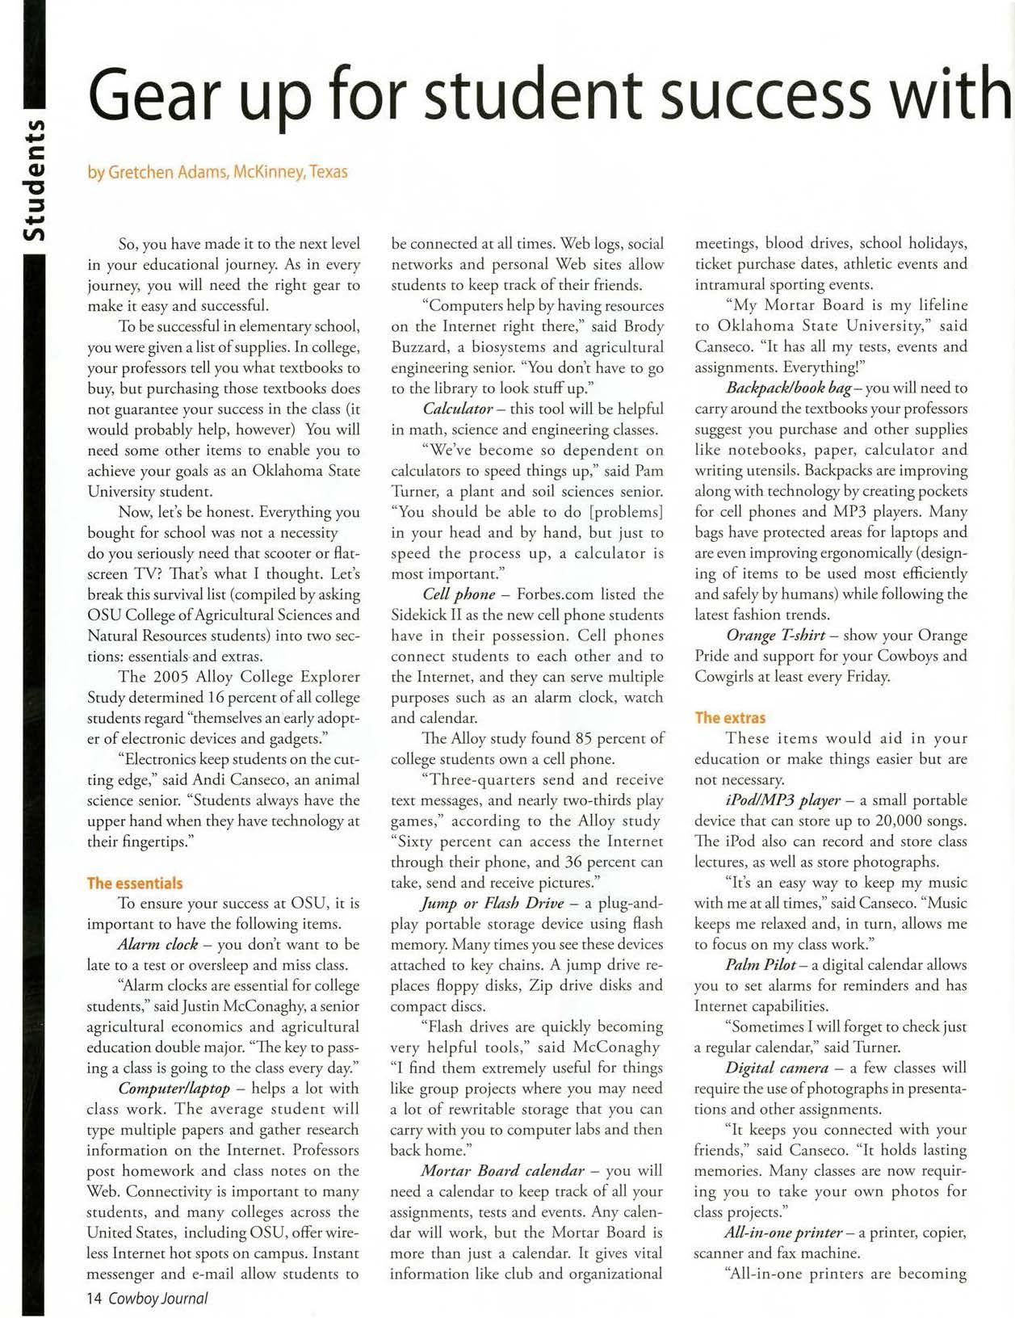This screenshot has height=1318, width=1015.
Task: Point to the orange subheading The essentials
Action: tap(135, 883)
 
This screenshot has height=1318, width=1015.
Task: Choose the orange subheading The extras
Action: tap(730, 717)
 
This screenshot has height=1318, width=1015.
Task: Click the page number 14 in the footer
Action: tap(94, 1298)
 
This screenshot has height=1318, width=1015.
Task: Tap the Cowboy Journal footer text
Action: tap(158, 1298)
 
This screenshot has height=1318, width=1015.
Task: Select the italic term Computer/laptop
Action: tap(174, 1089)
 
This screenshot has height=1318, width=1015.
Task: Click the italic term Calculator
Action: tap(458, 409)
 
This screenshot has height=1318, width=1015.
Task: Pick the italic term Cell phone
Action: tap(459, 594)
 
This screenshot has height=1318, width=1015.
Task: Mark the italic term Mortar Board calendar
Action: tap(502, 1170)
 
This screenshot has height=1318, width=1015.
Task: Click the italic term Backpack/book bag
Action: tap(789, 388)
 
